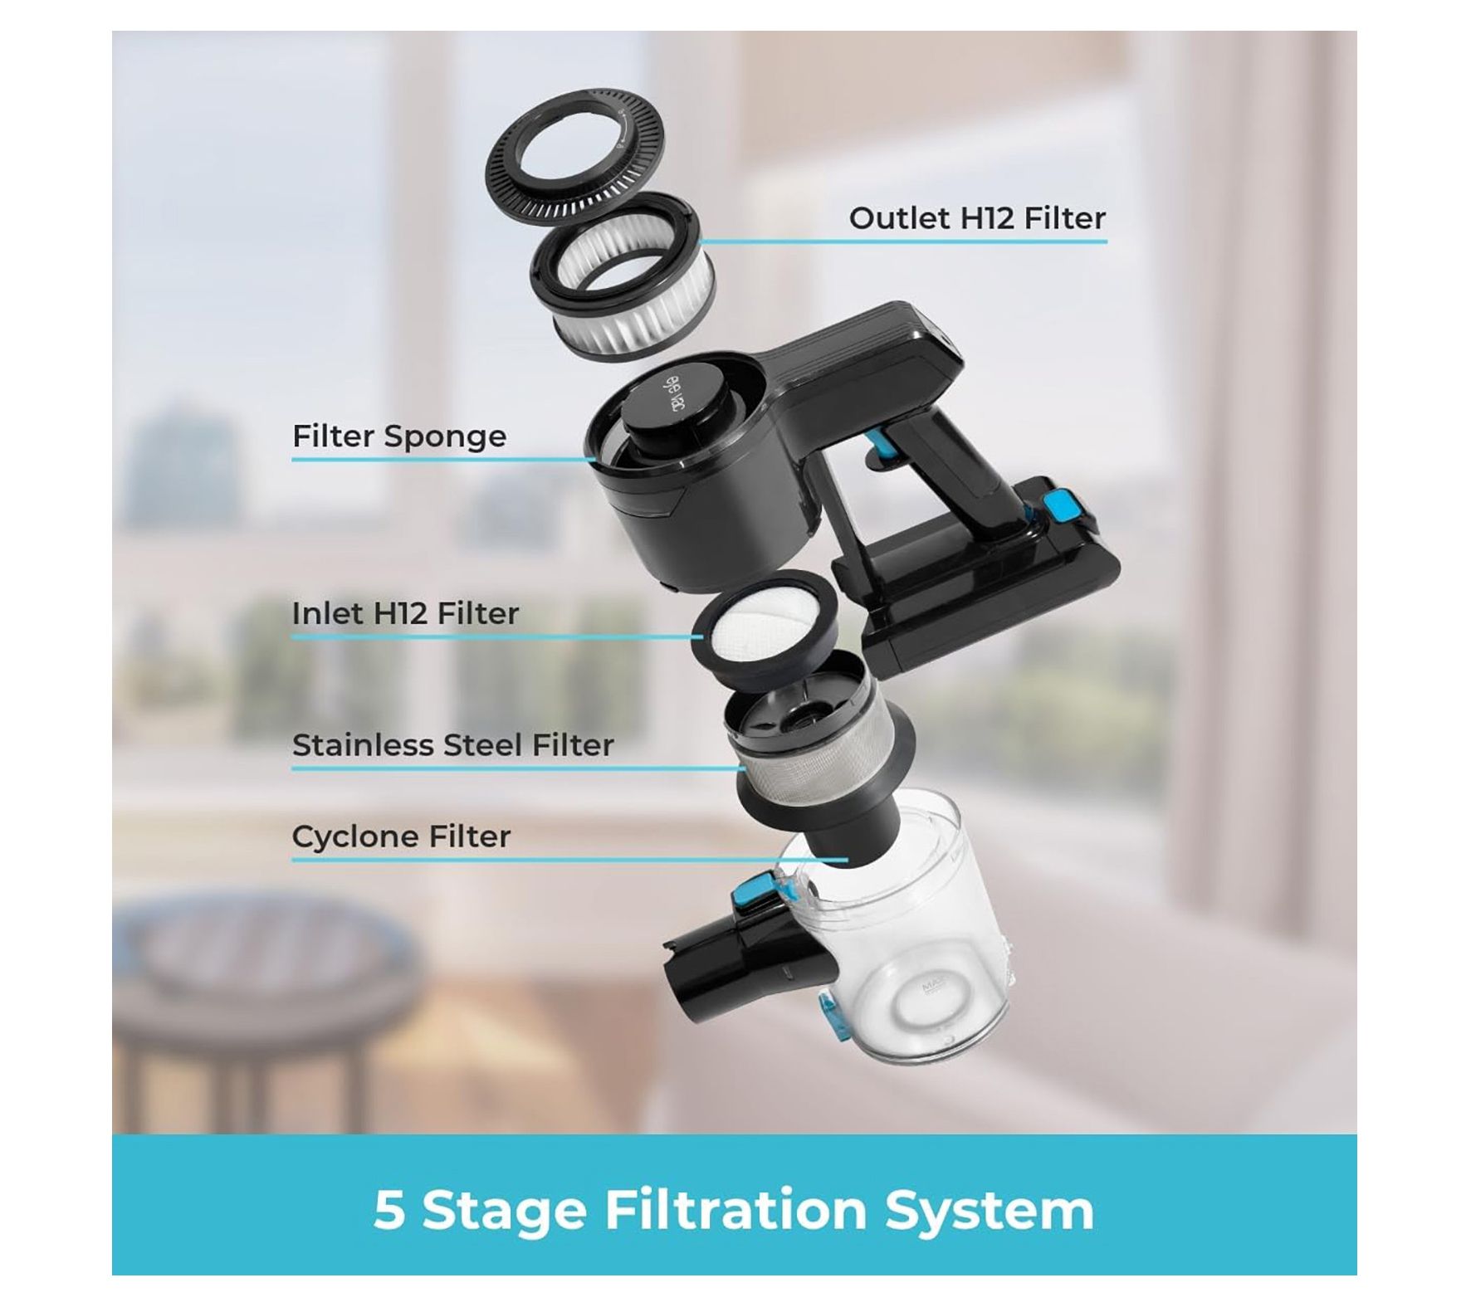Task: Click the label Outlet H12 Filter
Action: (x=976, y=218)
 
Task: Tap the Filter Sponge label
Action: (x=398, y=436)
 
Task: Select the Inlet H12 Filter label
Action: (x=405, y=614)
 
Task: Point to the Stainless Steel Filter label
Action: (x=452, y=745)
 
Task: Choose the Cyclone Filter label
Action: (x=401, y=836)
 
